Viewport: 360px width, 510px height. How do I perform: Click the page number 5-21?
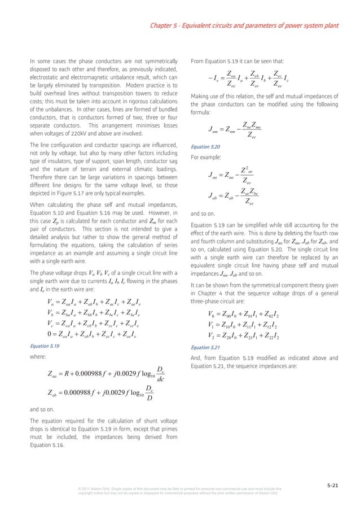(x=335, y=485)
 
